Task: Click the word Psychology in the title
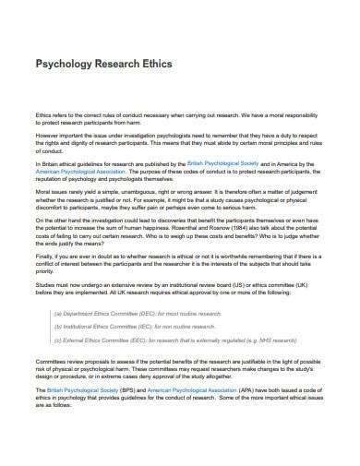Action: pyautogui.click(x=64, y=66)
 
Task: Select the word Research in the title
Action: pyautogui.click(x=114, y=66)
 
